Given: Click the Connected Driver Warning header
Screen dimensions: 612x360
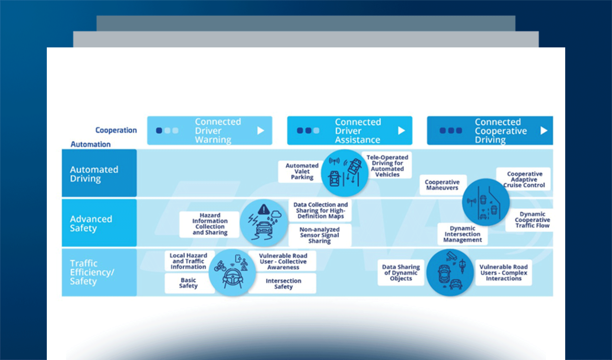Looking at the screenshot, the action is [x=210, y=130].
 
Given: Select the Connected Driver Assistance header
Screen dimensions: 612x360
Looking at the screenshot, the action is [x=349, y=130].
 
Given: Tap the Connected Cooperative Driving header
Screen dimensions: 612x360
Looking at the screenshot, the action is [x=490, y=130].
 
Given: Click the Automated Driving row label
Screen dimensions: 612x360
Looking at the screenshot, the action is [x=99, y=173].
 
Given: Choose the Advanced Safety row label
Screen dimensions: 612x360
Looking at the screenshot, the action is [x=99, y=223].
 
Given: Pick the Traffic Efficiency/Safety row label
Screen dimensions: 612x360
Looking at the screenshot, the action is [x=99, y=272].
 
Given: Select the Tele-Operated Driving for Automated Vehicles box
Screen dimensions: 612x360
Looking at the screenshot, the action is [x=387, y=166].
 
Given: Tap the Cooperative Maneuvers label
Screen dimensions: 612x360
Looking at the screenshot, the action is [x=442, y=185].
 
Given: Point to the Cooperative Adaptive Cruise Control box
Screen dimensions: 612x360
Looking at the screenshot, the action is [x=524, y=179].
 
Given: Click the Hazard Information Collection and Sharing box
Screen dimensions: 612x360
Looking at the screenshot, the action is [x=210, y=224].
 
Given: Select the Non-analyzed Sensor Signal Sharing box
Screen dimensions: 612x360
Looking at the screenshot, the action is [x=320, y=235].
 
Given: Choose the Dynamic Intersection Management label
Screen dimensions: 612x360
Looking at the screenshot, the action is [x=463, y=234].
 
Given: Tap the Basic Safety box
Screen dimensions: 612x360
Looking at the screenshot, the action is [x=189, y=283].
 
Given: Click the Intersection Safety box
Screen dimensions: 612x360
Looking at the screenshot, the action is [x=283, y=283].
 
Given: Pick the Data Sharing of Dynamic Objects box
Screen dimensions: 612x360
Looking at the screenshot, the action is [x=401, y=272].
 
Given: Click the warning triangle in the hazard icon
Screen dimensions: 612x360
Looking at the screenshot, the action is [x=264, y=209].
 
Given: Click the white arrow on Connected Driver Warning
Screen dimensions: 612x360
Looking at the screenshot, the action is [x=261, y=130].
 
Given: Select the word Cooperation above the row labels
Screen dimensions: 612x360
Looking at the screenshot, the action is [x=116, y=130].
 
